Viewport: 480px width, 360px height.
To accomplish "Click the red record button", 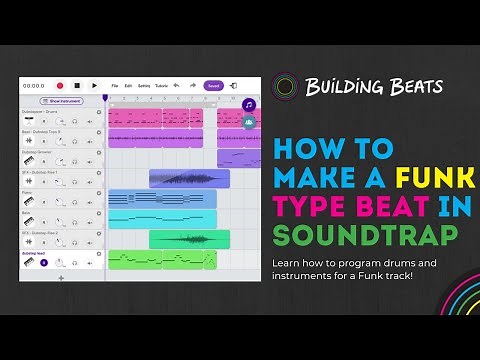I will click(x=60, y=86).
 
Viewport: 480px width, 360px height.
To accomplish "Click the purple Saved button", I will click(x=213, y=86).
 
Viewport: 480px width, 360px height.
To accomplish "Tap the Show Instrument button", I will click(x=61, y=101).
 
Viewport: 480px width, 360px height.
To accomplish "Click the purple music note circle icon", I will click(x=249, y=104).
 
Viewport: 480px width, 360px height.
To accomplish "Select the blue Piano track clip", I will click(x=162, y=198).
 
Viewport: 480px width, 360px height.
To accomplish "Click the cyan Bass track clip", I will click(x=162, y=219).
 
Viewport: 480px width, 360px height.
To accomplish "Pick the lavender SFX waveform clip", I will click(x=189, y=178).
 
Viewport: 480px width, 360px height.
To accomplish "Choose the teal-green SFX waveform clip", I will click(x=189, y=239).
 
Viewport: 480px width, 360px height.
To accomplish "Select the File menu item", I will click(x=115, y=86).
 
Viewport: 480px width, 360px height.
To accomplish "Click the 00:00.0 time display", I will click(x=34, y=86).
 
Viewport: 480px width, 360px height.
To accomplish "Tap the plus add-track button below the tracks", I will click(x=61, y=277).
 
